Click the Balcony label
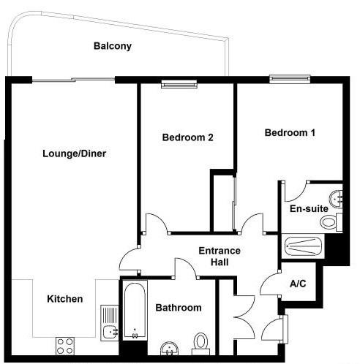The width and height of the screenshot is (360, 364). [113, 46]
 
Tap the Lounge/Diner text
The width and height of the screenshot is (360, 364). [75, 153]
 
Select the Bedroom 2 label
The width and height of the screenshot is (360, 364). [188, 137]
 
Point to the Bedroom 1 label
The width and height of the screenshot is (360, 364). [290, 133]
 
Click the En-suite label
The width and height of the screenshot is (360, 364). [309, 209]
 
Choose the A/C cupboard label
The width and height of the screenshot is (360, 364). [298, 284]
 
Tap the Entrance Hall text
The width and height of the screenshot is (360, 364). [220, 257]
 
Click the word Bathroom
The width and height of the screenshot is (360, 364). [179, 308]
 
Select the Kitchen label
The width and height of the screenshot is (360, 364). [65, 299]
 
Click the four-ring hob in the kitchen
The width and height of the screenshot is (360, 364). [65, 346]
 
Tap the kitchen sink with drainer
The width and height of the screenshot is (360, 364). [110, 323]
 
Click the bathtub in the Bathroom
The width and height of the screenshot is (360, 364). [135, 310]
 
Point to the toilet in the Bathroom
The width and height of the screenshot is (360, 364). [201, 344]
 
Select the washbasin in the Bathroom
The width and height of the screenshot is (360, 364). [170, 349]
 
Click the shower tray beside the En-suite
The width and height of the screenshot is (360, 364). [303, 246]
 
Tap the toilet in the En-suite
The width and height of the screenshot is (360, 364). [331, 222]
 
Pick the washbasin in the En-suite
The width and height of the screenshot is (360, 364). [336, 200]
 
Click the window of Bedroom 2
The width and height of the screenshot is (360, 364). [179, 84]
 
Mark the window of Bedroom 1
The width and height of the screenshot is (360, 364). [290, 79]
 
